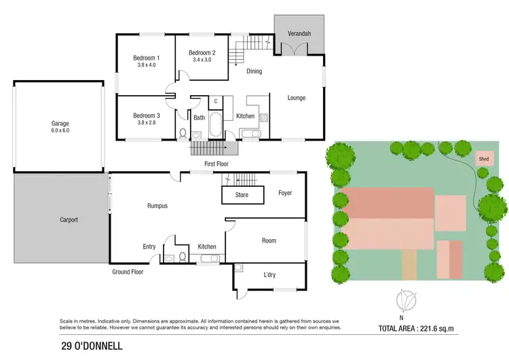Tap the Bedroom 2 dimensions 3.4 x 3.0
[202, 60]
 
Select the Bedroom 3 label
[147, 115]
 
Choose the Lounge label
[297, 98]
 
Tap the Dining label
[254, 71]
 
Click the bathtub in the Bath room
[216, 125]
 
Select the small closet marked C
[215, 102]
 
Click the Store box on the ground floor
[242, 195]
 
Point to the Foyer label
[285, 193]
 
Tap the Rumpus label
[157, 206]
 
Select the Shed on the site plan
[484, 160]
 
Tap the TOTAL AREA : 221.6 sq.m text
[425, 328]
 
